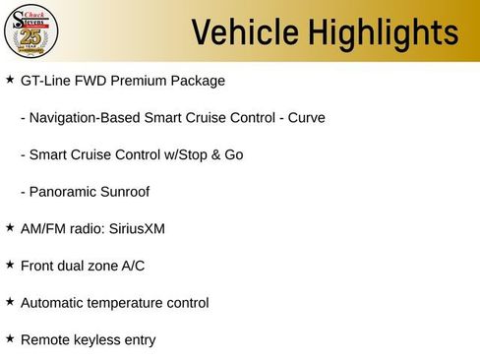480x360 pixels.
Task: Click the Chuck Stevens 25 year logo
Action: (31, 32)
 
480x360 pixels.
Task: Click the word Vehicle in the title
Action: (244, 32)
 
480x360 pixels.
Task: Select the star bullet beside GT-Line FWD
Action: (10, 79)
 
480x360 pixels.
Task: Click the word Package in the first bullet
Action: (198, 81)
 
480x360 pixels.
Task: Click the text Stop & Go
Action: (213, 155)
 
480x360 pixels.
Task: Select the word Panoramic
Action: (64, 192)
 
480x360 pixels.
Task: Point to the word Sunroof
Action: (126, 192)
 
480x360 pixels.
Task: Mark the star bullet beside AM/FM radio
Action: (10, 227)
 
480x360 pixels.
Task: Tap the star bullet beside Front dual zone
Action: (10, 264)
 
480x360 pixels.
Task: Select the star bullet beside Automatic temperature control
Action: (10, 301)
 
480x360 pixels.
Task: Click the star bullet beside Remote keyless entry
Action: (10, 338)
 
